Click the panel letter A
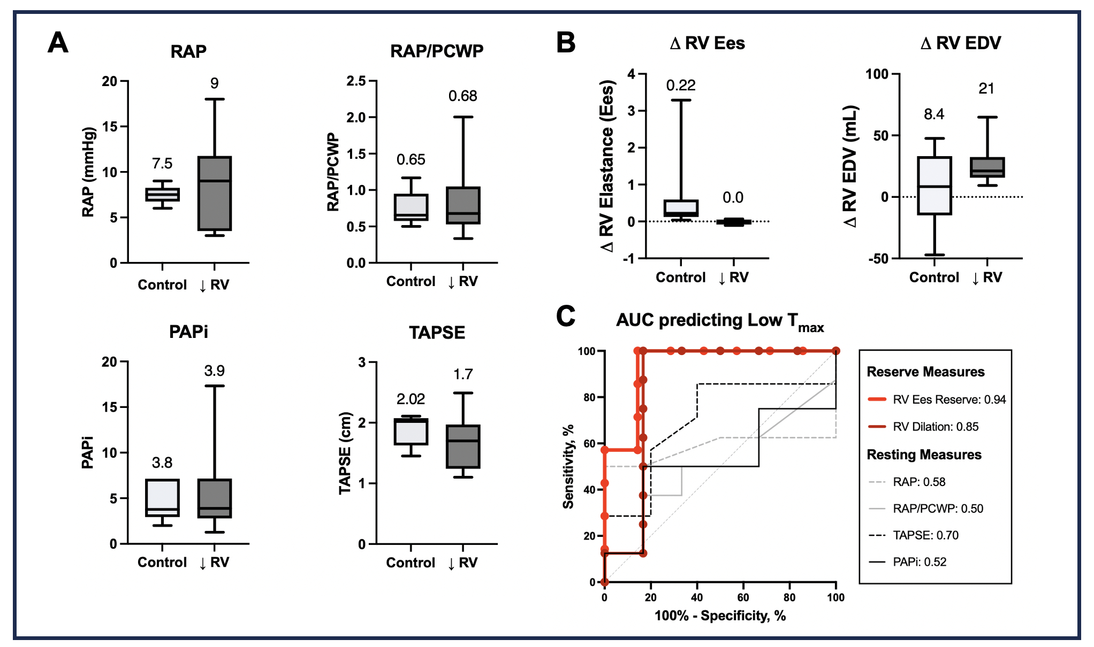[58, 43]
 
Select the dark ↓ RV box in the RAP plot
[215, 193]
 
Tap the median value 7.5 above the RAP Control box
[162, 164]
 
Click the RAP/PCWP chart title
[437, 51]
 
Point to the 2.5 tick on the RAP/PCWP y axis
[356, 81]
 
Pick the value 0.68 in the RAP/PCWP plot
[463, 96]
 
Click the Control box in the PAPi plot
[162, 498]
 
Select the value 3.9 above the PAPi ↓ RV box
[215, 371]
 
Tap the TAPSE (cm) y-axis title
[346, 453]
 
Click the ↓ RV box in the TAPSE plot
[463, 446]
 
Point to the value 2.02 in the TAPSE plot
[411, 399]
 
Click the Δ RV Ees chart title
[707, 43]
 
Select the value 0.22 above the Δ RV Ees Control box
[681, 86]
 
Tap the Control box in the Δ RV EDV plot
[935, 186]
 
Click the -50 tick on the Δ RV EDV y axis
[878, 259]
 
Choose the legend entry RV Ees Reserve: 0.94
[949, 399]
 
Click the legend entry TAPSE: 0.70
[925, 535]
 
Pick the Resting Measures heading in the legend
[924, 455]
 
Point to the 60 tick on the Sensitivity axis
[589, 444]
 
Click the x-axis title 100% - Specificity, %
[720, 616]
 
